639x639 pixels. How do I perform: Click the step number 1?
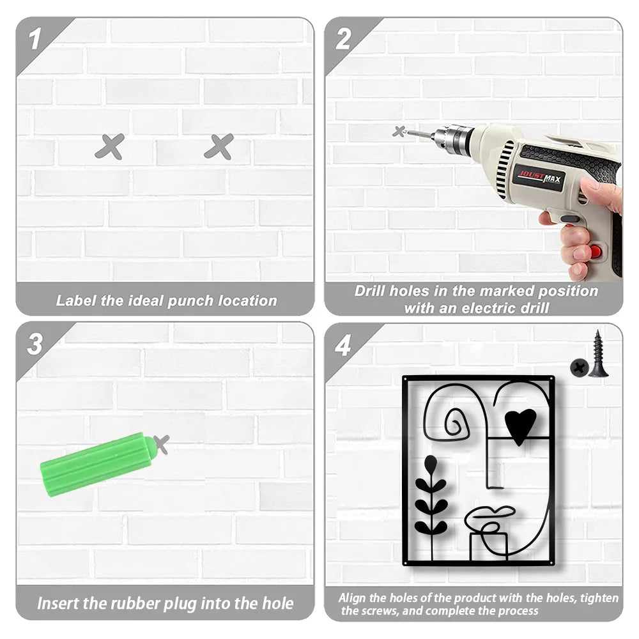click(35, 39)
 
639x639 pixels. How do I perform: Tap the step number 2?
click(343, 39)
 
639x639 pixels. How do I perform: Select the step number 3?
click(35, 344)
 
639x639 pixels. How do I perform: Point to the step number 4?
click(343, 346)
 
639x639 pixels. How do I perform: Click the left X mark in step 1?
click(110, 146)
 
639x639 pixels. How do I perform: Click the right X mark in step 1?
click(219, 146)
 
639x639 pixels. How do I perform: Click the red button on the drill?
click(596, 251)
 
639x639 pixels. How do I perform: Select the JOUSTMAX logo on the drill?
click(539, 177)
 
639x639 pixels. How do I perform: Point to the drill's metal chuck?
click(454, 137)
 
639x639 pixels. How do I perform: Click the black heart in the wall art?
click(520, 426)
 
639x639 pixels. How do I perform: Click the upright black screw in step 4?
click(598, 354)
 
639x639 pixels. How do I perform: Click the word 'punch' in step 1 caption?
click(190, 301)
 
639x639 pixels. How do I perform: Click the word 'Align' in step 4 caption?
click(352, 598)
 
